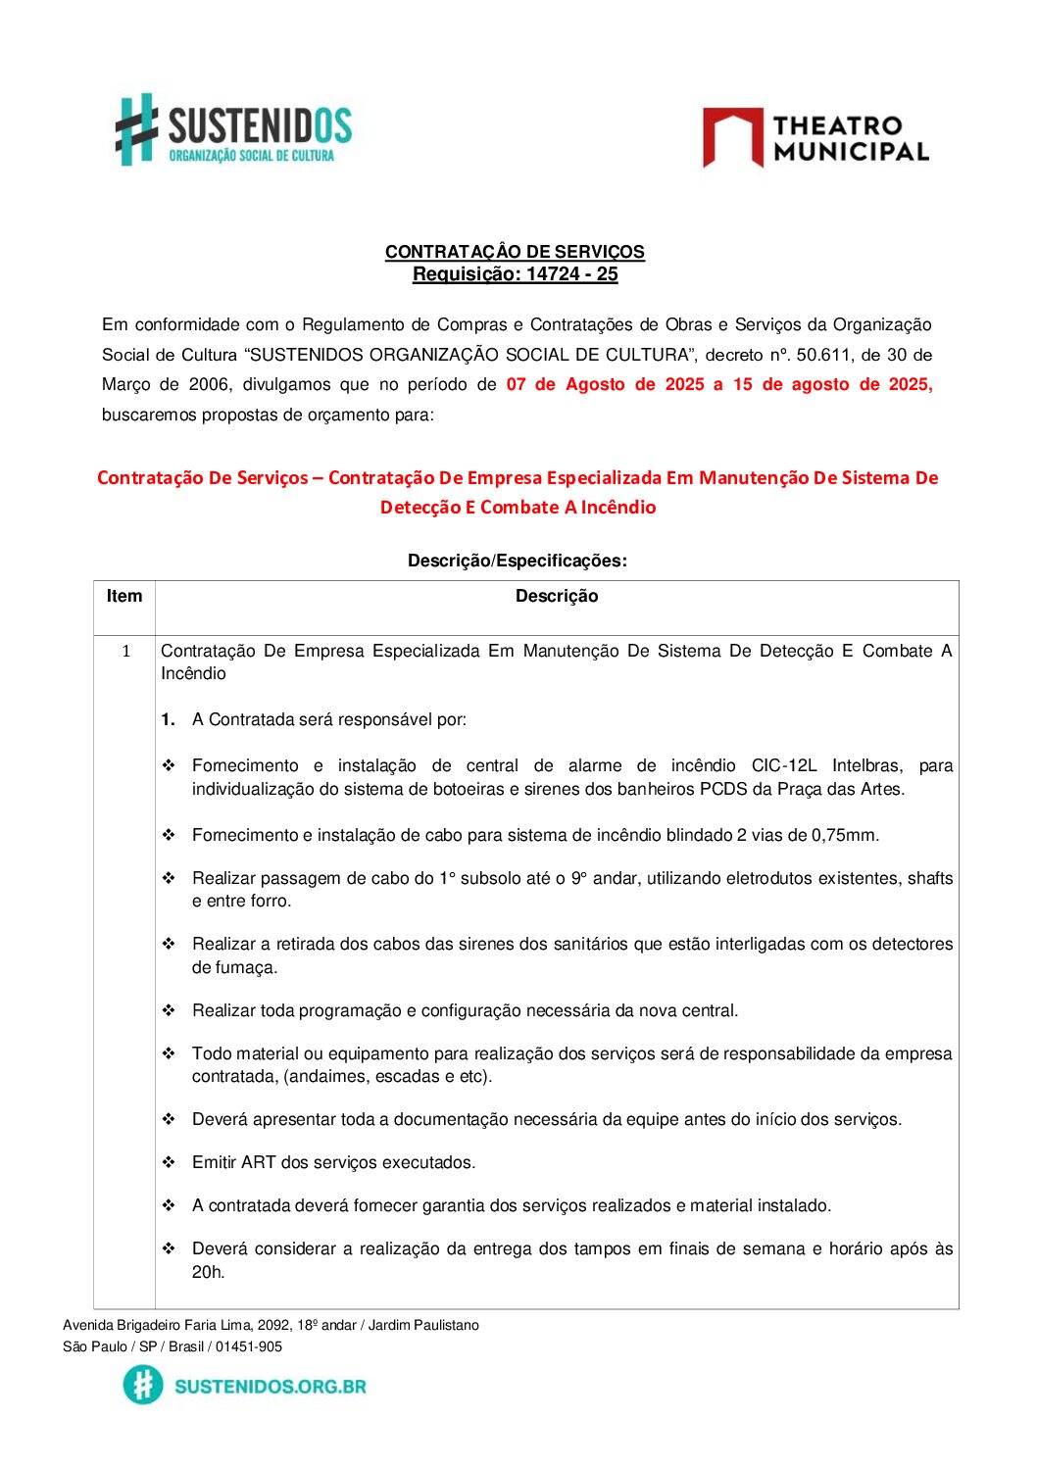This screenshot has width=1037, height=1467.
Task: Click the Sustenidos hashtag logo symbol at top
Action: click(137, 128)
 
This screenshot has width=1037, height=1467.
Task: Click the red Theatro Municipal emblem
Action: click(732, 137)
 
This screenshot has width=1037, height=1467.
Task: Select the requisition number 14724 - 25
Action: click(571, 274)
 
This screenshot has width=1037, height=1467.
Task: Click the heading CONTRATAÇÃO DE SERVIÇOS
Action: click(515, 252)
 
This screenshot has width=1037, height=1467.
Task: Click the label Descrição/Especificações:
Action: click(517, 561)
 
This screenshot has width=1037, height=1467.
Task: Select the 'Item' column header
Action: click(124, 596)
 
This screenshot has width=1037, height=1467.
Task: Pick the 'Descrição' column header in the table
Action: click(556, 596)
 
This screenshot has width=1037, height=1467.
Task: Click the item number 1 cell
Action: click(125, 651)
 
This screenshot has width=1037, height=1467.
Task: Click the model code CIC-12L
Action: click(783, 765)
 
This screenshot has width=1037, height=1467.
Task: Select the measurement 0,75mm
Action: click(845, 835)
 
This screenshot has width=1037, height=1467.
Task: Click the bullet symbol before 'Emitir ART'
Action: click(169, 1162)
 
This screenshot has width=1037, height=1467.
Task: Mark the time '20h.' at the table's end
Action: click(208, 1272)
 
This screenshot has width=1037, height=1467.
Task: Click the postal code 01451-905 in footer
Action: click(249, 1346)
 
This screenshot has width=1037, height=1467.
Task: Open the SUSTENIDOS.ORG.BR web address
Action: click(271, 1386)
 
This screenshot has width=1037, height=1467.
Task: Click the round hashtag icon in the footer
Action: click(143, 1385)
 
